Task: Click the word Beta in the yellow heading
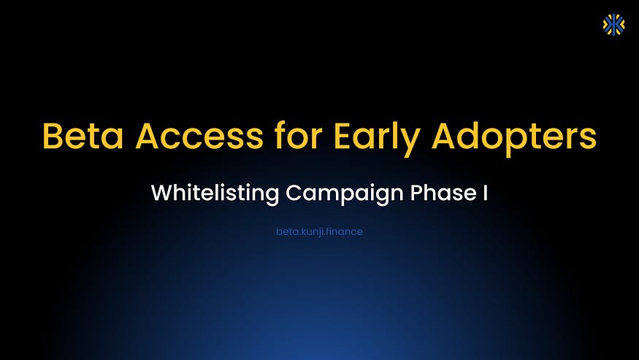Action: [79, 137]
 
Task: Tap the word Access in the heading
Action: [191, 137]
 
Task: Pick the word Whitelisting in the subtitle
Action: [215, 194]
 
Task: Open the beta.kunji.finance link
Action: [319, 231]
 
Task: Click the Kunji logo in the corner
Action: [613, 24]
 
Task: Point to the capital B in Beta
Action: [52, 137]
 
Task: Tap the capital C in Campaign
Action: [294, 194]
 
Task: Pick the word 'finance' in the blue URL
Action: [344, 231]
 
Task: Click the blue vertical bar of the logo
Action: [613, 24]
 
